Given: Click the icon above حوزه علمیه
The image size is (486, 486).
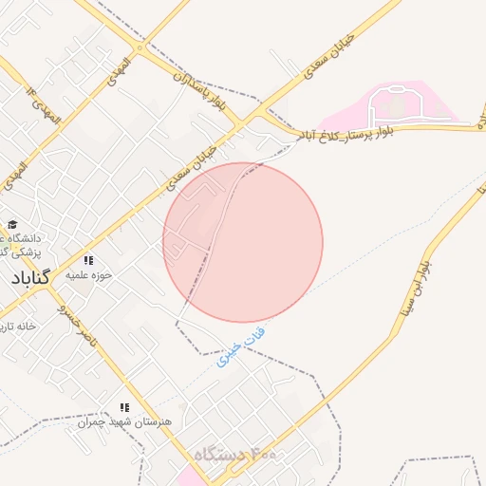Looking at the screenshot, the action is (88, 260).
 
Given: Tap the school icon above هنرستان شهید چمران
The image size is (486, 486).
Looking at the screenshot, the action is (124, 407).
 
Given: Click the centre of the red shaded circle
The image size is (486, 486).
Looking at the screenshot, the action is (243, 243).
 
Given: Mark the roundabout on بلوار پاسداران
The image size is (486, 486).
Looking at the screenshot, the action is (140, 47).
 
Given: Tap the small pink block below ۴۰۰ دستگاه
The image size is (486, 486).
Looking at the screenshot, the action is (189, 477).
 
